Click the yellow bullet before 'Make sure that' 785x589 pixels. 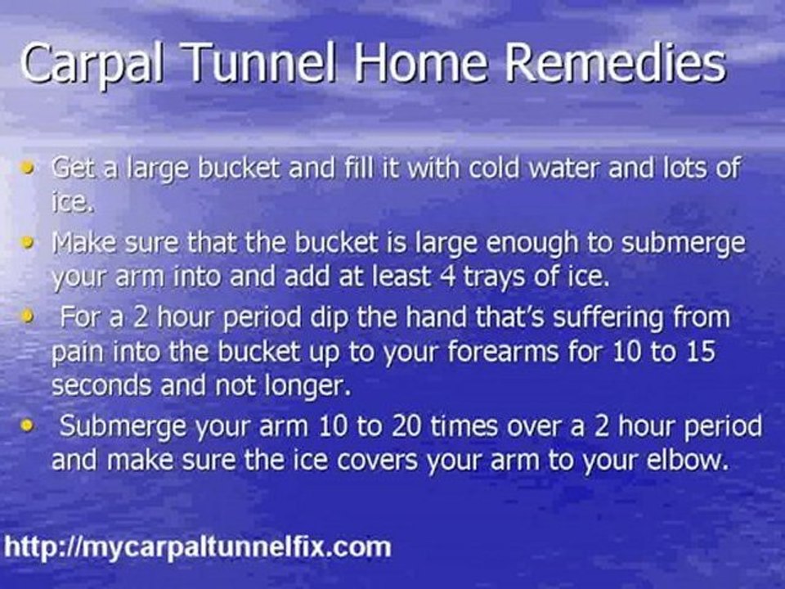coord(29,244)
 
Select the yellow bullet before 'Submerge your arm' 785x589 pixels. coord(29,425)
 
